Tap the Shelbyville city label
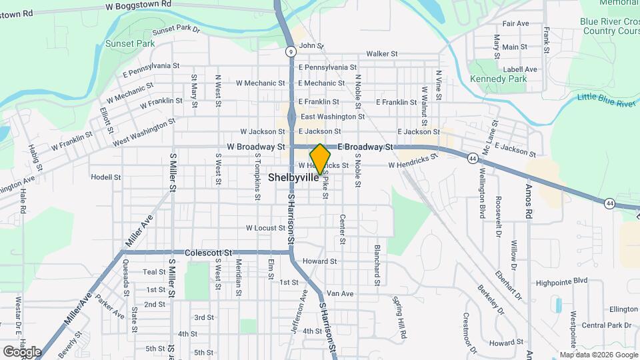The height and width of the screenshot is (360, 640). click(x=294, y=178)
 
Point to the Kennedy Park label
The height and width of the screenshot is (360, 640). click(x=498, y=79)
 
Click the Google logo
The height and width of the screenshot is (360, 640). click(x=22, y=351)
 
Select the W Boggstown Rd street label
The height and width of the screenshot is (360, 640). click(x=138, y=4)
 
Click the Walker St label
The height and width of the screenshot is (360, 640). click(x=381, y=53)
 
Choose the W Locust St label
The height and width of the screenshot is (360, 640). click(x=265, y=228)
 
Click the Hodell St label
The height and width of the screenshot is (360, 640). click(x=106, y=177)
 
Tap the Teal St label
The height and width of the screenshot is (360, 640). click(x=153, y=272)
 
